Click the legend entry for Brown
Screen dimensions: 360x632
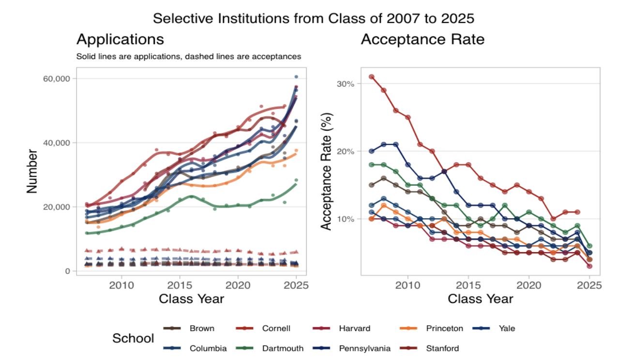(202, 329)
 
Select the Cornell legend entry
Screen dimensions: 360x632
(276, 329)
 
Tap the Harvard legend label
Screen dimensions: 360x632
(354, 329)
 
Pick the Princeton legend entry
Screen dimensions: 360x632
(444, 329)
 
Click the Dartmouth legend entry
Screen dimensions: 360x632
(283, 348)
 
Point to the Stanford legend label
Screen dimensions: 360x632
(442, 348)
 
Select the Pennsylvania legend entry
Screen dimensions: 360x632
(364, 348)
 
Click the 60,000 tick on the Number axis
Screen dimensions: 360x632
(57, 78)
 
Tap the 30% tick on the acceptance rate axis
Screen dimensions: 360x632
(345, 83)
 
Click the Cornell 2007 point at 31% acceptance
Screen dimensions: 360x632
(372, 76)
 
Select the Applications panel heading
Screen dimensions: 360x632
(120, 39)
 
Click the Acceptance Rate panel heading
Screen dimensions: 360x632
(422, 39)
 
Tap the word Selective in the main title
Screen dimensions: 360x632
(181, 18)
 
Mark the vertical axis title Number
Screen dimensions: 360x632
(32, 171)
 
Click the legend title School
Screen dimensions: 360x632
(133, 338)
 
